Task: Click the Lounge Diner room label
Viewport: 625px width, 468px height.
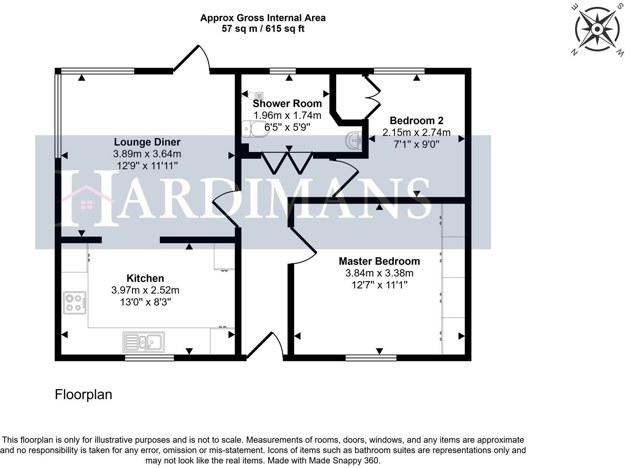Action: pyautogui.click(x=147, y=142)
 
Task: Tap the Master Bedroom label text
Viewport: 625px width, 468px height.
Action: pyautogui.click(x=379, y=261)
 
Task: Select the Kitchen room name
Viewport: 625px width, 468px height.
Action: pyautogui.click(x=145, y=278)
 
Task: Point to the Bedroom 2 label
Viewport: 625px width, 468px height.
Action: pyautogui.click(x=416, y=121)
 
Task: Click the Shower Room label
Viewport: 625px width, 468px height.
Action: pyautogui.click(x=287, y=104)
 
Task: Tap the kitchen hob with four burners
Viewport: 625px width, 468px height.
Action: pyautogui.click(x=74, y=303)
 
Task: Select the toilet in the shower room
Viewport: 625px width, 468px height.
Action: pyautogui.click(x=253, y=129)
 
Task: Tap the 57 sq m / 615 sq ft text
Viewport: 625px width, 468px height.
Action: pyautogui.click(x=263, y=29)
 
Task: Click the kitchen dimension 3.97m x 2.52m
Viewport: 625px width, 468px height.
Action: pyautogui.click(x=145, y=290)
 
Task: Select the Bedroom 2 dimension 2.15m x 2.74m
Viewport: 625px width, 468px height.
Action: pyautogui.click(x=416, y=133)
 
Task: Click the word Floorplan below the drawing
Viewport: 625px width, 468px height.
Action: pyautogui.click(x=84, y=394)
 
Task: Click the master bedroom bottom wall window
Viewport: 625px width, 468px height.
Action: pyautogui.click(x=371, y=358)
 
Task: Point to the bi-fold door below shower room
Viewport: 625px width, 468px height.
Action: pyautogui.click(x=287, y=162)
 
